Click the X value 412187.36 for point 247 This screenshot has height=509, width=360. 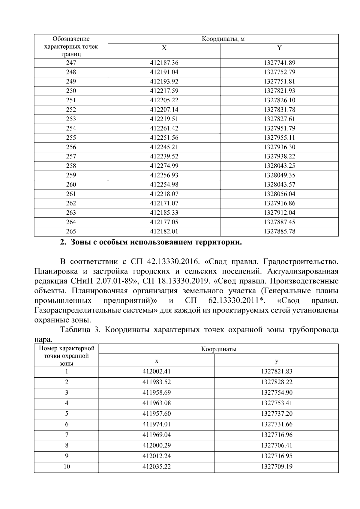pyautogui.click(x=164, y=63)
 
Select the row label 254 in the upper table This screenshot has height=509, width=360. pyautogui.click(x=71, y=128)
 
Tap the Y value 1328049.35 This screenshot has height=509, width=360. pyautogui.click(x=279, y=175)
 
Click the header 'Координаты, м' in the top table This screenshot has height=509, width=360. pyautogui.click(x=223, y=39)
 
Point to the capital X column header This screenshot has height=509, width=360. pyautogui.click(x=164, y=48)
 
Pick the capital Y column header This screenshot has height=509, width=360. pyautogui.click(x=279, y=48)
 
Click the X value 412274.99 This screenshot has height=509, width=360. pyautogui.click(x=164, y=166)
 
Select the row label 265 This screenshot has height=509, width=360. pyautogui.click(x=71, y=232)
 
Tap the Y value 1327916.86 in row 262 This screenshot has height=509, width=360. pyautogui.click(x=279, y=203)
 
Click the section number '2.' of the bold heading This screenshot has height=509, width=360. pyautogui.click(x=63, y=242)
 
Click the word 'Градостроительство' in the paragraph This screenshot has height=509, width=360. pyautogui.click(x=301, y=262)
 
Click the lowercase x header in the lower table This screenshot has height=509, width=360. pyautogui.click(x=156, y=361)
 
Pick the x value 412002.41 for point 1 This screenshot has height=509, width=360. pyautogui.click(x=156, y=372)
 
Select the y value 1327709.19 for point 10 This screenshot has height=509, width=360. pyautogui.click(x=276, y=467)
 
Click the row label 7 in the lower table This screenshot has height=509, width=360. pyautogui.click(x=67, y=435)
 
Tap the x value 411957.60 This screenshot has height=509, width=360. pyautogui.click(x=156, y=414)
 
